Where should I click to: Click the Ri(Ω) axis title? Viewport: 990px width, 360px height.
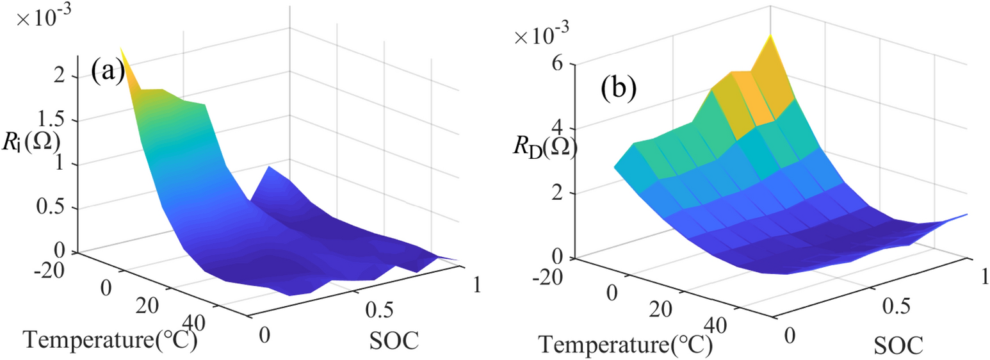(30, 142)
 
